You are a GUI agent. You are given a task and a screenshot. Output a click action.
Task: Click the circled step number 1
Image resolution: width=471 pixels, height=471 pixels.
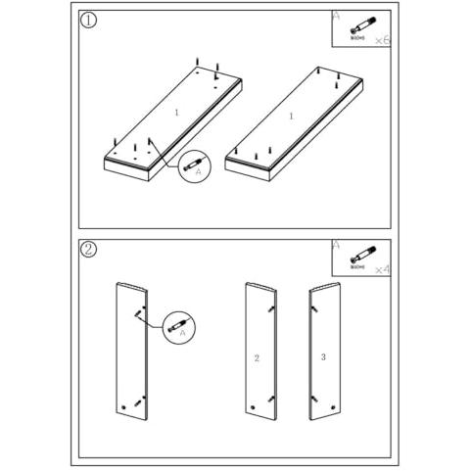[x=90, y=21]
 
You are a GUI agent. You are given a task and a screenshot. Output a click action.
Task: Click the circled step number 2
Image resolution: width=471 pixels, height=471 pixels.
[x=89, y=250]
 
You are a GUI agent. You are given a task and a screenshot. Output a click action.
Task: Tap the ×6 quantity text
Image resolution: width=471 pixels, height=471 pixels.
[x=382, y=39]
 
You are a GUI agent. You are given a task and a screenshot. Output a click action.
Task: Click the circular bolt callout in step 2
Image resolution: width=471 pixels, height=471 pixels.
[x=178, y=323]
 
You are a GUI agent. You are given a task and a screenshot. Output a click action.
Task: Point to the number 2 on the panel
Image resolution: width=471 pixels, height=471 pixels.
[x=257, y=358]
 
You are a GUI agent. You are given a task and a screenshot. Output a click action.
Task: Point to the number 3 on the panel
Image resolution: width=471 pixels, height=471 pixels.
[x=323, y=356]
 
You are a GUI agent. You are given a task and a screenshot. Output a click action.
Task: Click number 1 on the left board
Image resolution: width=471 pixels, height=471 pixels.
[x=176, y=114]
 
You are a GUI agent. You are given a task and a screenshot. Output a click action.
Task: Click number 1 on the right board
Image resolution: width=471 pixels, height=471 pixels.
[x=291, y=117]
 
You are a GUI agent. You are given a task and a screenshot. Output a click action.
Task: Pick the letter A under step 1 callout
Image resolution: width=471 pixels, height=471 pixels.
[x=199, y=172]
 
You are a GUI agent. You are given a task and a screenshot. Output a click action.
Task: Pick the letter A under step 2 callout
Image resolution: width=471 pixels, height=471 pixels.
[x=181, y=333]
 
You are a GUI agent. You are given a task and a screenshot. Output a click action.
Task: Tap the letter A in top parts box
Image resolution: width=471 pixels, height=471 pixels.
[x=336, y=16]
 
